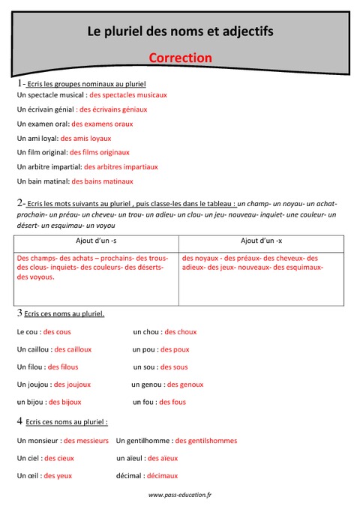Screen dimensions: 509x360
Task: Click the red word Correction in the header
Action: (x=180, y=58)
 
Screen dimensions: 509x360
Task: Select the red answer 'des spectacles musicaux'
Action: (x=127, y=95)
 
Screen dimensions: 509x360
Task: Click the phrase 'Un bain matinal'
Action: (x=43, y=181)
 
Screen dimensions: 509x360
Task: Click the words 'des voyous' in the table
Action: (x=35, y=277)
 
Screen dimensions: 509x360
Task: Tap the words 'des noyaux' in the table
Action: (x=199, y=257)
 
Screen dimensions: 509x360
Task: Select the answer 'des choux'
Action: (x=181, y=331)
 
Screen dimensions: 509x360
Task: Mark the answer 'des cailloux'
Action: (x=73, y=349)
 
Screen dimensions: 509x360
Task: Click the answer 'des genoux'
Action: (x=185, y=385)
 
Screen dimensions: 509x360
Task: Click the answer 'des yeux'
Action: (x=58, y=475)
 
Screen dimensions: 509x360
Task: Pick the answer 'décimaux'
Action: (x=162, y=475)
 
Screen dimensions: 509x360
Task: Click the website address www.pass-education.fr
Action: (x=180, y=495)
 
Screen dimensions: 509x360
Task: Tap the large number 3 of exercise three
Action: (x=19, y=313)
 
